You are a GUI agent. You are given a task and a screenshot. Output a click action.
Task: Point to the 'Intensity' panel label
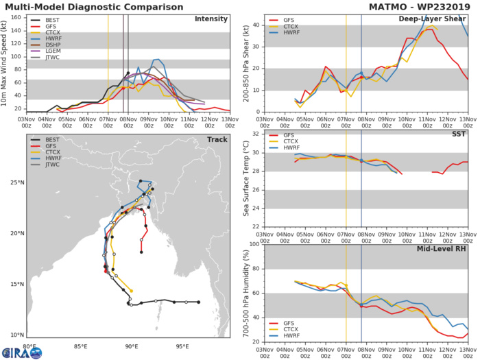pos(211,19)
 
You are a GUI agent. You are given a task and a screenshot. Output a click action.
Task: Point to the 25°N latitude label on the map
pos(15,183)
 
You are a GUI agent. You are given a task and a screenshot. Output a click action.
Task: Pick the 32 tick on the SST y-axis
pos(255,134)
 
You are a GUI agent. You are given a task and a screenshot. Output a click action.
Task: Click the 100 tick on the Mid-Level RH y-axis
pos(253,243)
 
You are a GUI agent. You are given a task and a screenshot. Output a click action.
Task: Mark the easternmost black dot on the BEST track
pos(198,302)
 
